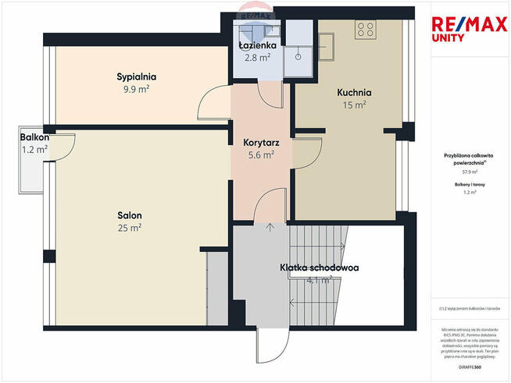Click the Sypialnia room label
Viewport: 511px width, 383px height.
[137, 76]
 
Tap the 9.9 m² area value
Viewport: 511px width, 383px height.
[137, 89]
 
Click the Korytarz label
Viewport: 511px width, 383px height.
[257, 143]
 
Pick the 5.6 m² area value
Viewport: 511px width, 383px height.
[257, 155]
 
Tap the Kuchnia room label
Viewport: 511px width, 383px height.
[354, 92]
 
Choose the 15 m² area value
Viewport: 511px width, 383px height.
[354, 105]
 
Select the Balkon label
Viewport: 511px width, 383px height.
[34, 137]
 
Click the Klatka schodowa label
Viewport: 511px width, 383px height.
[319, 268]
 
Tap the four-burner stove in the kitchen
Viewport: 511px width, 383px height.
[365, 29]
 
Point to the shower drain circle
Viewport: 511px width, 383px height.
[298, 56]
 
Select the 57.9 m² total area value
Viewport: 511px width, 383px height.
[470, 171]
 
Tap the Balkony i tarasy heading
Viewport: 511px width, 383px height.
[470, 183]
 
